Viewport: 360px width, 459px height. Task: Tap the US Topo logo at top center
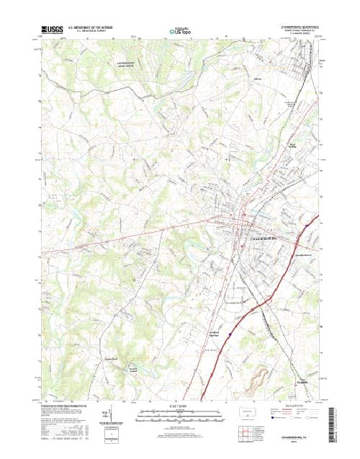point(180,31)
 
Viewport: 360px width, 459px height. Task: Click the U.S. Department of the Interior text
point(92,27)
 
